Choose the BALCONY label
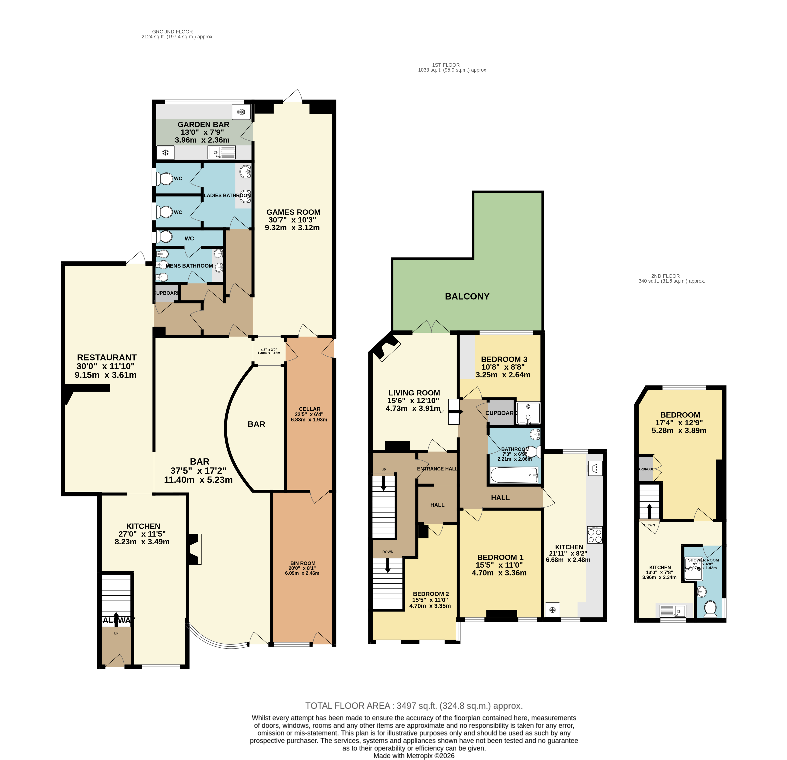coord(467,296)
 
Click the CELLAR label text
coord(310,409)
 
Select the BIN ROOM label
coord(303,563)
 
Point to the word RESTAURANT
coord(107,357)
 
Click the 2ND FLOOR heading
coord(665,276)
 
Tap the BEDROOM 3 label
coord(504,359)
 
